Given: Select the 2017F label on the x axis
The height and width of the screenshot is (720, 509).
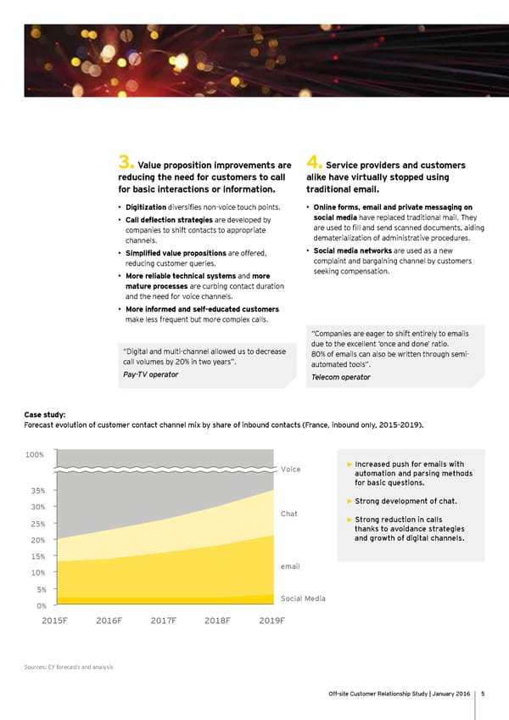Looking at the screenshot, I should (x=163, y=620).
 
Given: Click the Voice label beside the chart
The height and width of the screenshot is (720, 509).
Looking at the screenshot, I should (x=290, y=469).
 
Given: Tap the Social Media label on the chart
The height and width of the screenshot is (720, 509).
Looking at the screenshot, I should (x=303, y=599).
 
